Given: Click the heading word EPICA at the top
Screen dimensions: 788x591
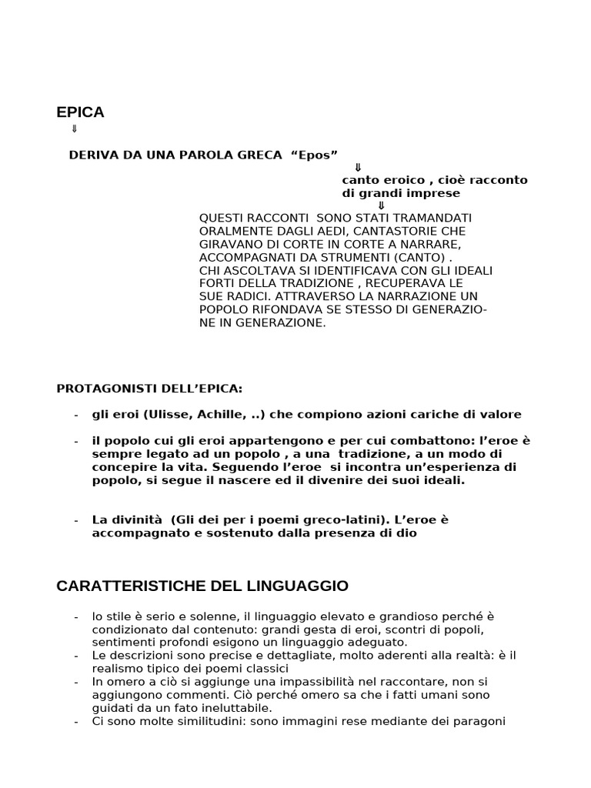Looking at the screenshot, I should [x=80, y=112].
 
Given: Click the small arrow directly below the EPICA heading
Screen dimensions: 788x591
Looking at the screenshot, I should [x=74, y=129].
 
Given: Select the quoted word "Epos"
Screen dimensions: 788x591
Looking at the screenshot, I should [x=315, y=155].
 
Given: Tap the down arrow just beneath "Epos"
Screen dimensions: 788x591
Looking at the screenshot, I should [x=358, y=167].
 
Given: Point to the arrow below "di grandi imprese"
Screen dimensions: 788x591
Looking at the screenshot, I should [x=381, y=205].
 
